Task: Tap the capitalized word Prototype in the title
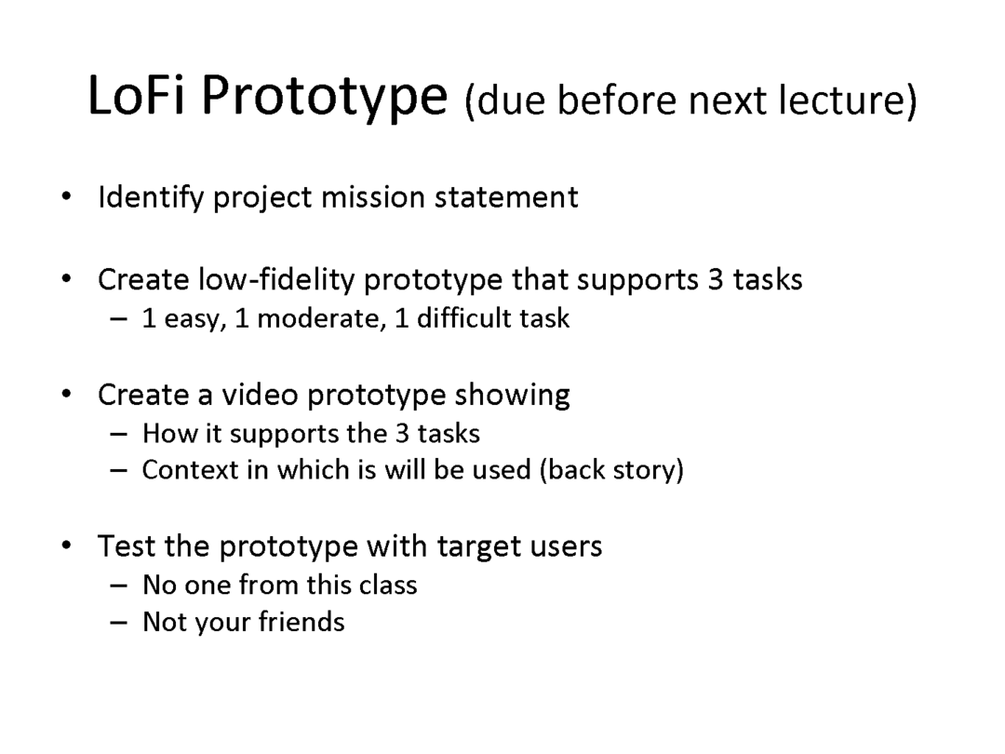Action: coord(325,99)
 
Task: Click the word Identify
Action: coord(151,197)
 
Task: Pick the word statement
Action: coord(506,197)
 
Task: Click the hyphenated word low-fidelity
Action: coord(275,279)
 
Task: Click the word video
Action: coord(260,395)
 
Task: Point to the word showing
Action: coord(512,396)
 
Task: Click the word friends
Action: coord(301,622)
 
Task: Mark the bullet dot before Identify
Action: coord(67,196)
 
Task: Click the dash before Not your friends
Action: coord(118,623)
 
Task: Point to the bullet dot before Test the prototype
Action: coord(67,546)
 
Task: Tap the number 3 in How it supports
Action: coord(403,434)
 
